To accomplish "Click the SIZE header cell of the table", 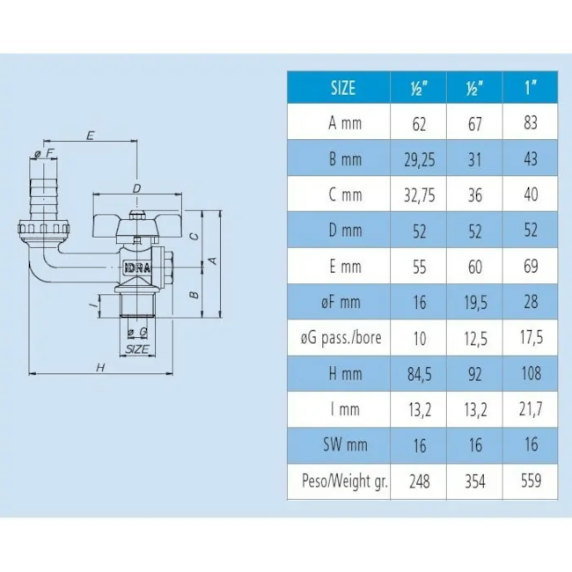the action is point(342,88).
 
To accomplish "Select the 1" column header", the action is point(531,87).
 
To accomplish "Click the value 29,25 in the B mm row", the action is point(419,160).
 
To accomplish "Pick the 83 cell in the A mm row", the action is point(531,122).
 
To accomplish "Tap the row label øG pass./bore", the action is point(341,338).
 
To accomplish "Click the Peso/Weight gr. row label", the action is point(345,481).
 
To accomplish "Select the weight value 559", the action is point(531,480).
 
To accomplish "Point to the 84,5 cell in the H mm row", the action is point(420,374).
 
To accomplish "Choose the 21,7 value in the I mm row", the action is point(531,409).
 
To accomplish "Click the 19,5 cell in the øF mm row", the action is point(475,303).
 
